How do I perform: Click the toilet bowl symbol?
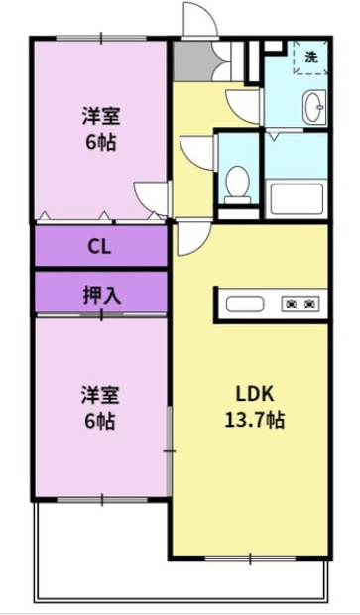click(x=237, y=183)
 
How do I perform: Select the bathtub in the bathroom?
click(x=296, y=200)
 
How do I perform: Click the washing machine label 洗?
click(x=311, y=58)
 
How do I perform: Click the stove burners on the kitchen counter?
click(x=301, y=303)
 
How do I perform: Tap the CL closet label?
click(x=99, y=246)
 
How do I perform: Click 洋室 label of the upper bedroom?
click(x=99, y=115)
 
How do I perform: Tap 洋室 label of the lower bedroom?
click(x=99, y=395)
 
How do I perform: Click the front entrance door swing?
click(x=195, y=19)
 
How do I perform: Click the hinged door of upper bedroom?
click(x=151, y=195)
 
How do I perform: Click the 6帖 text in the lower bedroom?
click(x=99, y=421)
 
